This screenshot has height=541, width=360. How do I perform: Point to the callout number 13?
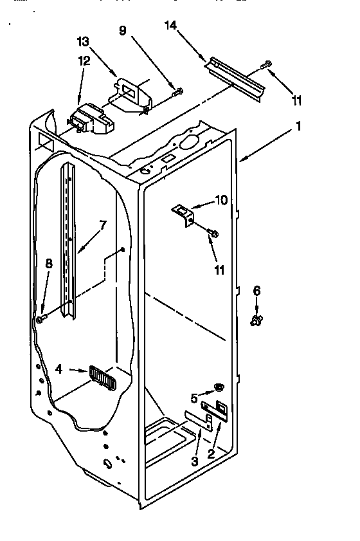[x=82, y=42]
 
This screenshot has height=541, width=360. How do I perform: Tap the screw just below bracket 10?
[x=213, y=233]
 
